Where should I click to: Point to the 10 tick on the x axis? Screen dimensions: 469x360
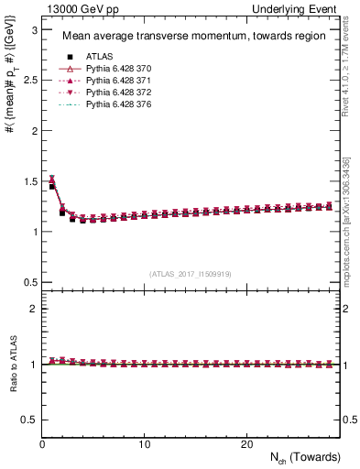145,444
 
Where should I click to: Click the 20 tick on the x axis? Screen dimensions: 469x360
246,444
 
